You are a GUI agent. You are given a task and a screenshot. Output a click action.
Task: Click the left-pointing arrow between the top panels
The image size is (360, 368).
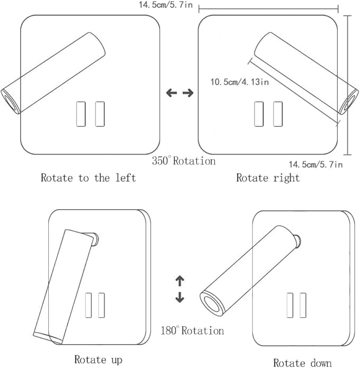tap(171, 93)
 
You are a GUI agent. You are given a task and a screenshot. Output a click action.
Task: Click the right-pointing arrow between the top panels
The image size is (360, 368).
tap(188, 93)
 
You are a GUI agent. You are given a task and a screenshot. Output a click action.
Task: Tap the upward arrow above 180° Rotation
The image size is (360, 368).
tap(180, 281)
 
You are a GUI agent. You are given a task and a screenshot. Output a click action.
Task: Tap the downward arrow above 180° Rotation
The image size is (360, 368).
tap(180, 297)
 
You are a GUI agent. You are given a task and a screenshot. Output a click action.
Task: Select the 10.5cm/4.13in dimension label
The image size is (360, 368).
tap(240, 82)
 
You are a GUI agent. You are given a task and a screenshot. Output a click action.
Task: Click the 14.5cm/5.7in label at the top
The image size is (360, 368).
tap(165, 5)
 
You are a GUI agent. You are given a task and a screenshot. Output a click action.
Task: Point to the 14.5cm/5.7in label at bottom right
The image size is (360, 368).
tap(315, 164)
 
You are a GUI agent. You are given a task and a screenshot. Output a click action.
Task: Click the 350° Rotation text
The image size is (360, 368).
tap(184, 161)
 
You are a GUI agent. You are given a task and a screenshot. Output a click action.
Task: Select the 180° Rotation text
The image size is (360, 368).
tap(192, 330)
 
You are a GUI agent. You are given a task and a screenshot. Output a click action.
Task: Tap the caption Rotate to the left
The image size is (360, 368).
tap(89, 178)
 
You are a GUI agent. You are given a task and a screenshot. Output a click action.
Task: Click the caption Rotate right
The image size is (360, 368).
tap(268, 178)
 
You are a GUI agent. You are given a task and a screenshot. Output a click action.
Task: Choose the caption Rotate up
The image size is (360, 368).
tap(99, 360)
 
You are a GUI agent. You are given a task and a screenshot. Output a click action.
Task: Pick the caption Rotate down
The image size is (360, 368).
tap(302, 363)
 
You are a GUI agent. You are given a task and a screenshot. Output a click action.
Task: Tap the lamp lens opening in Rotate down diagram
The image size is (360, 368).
tap(212, 304)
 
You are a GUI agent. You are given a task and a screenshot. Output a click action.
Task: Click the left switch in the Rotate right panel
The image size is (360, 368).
tap(259, 114)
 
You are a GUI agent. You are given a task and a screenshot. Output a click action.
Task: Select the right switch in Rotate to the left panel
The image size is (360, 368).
tap(100, 114)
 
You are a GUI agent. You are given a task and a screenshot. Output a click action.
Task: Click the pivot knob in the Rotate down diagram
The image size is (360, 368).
tap(298, 241)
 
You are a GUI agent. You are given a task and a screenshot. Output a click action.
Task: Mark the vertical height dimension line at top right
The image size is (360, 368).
tap(348, 85)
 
